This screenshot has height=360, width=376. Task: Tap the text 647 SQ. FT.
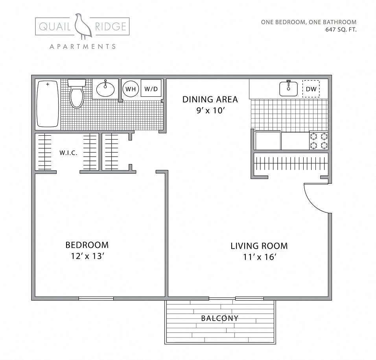[x=341, y=29]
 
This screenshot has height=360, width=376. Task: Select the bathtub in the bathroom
[x=48, y=103]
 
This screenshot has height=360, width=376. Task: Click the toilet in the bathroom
[x=77, y=94]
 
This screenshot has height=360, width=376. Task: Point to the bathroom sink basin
[x=105, y=89]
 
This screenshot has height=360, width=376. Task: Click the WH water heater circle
[x=130, y=89]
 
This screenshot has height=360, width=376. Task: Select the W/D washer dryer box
[x=151, y=89]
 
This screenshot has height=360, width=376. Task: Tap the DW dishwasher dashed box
[x=311, y=89]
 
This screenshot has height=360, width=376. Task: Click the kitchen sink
[x=289, y=89]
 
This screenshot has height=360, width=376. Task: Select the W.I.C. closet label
[x=68, y=153]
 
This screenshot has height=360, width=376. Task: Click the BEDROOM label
[x=87, y=245]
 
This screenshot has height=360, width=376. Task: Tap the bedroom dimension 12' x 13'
[x=87, y=256]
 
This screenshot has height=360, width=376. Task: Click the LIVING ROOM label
[x=259, y=246]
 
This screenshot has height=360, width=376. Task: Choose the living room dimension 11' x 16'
[x=259, y=258]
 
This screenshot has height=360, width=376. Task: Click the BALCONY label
[x=219, y=318]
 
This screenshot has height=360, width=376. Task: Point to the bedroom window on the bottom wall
[x=96, y=299]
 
